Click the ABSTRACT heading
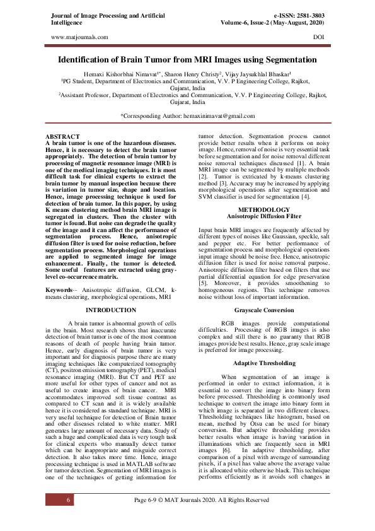62,137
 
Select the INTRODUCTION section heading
110,310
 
